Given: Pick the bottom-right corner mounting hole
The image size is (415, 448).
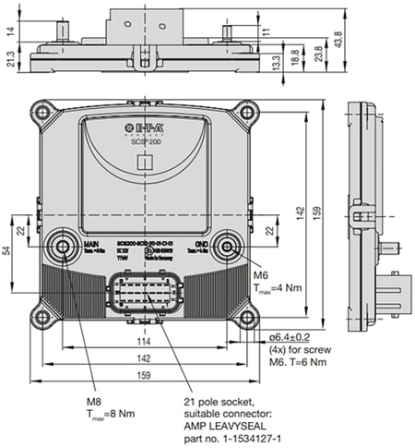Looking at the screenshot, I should [x=246, y=321].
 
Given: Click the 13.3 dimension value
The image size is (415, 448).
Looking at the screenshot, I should [x=276, y=62].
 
